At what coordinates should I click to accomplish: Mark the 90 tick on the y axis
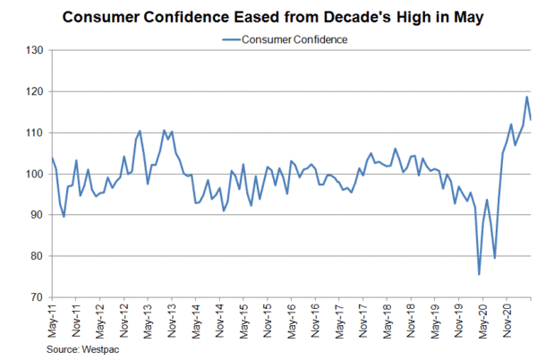[x=34, y=215]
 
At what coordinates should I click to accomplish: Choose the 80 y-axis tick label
[x=34, y=256]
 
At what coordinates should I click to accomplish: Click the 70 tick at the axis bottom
[x=34, y=297]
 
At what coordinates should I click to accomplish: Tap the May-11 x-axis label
[x=52, y=320]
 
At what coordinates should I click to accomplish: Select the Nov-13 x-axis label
[x=171, y=320]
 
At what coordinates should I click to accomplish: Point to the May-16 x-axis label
[x=291, y=320]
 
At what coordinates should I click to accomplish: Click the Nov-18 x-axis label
[x=410, y=320]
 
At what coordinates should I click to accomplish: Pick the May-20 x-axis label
[x=482, y=320]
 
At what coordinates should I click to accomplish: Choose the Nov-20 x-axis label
[x=506, y=320]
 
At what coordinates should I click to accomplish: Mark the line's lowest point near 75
[x=479, y=274]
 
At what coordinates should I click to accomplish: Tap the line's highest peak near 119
[x=526, y=97]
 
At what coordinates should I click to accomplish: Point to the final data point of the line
[x=531, y=119]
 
